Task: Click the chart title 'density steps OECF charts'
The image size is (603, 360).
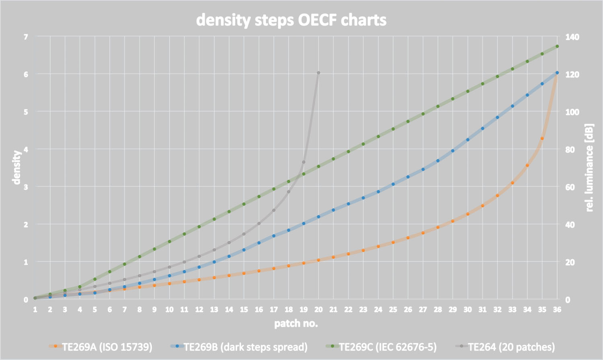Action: [x=291, y=20]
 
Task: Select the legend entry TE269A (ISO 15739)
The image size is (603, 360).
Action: [x=107, y=347]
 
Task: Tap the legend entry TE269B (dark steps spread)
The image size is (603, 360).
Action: [x=245, y=347]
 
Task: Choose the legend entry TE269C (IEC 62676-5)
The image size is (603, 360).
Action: [x=387, y=347]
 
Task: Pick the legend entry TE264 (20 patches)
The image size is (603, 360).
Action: [x=511, y=347]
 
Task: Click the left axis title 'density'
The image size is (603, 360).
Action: [x=16, y=168]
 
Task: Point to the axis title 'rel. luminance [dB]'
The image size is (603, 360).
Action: [x=589, y=168]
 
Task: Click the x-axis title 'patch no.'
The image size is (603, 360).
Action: [x=296, y=323]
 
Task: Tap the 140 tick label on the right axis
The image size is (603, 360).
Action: [x=572, y=37]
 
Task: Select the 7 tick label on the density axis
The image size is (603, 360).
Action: [x=26, y=37]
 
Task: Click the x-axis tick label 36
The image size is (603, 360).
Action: [x=557, y=309]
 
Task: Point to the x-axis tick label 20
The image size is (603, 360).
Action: [x=318, y=309]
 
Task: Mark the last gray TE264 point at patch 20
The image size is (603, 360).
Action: [x=318, y=73]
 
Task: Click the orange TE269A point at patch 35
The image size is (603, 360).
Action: [x=542, y=139]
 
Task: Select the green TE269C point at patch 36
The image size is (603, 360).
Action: [x=557, y=46]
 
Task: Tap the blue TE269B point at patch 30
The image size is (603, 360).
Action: [x=468, y=140]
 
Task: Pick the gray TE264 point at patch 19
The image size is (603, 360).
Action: [x=304, y=162]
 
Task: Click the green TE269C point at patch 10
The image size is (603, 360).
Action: [x=169, y=241]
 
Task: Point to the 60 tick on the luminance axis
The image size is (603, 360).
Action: [x=570, y=187]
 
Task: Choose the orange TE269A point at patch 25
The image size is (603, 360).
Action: [x=393, y=242]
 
